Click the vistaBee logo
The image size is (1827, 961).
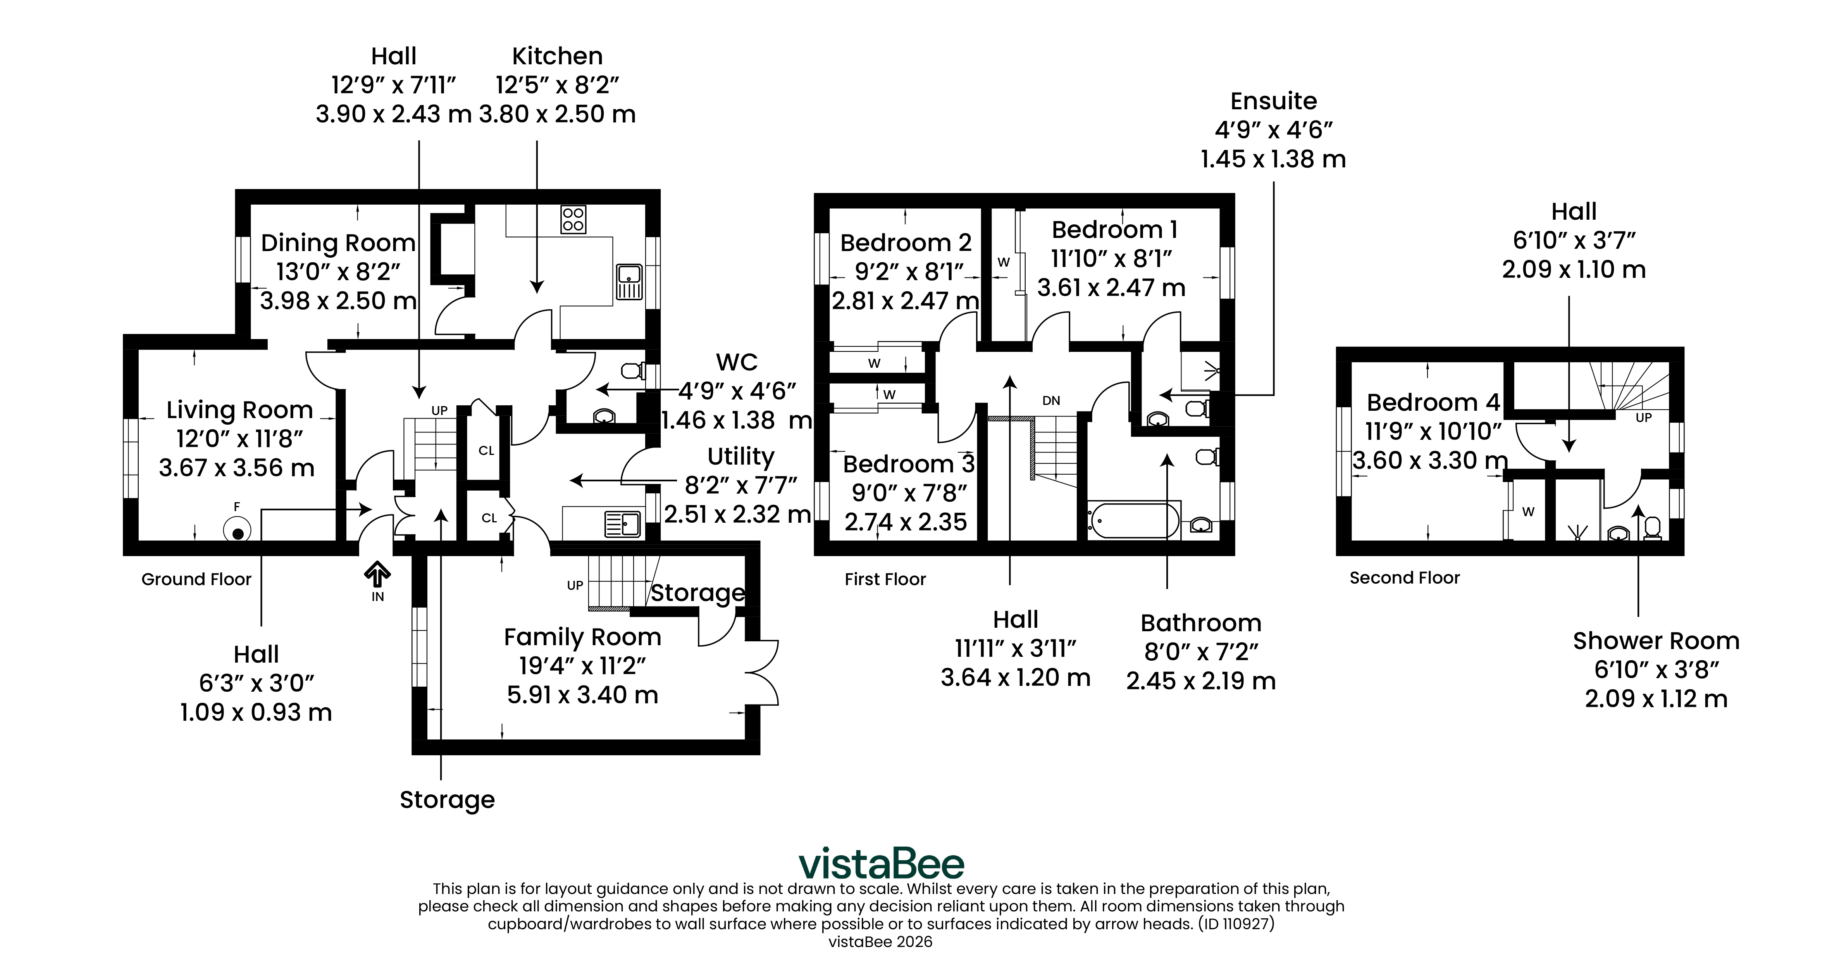pos(882,864)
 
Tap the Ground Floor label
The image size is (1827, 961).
pos(196,579)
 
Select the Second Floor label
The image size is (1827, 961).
pos(1404,578)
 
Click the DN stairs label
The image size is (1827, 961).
pos(1051,401)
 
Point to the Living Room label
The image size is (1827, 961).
pos(240,410)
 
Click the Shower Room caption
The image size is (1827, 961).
pos(1656,641)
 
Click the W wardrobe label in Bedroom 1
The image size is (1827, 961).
pos(1004,262)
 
